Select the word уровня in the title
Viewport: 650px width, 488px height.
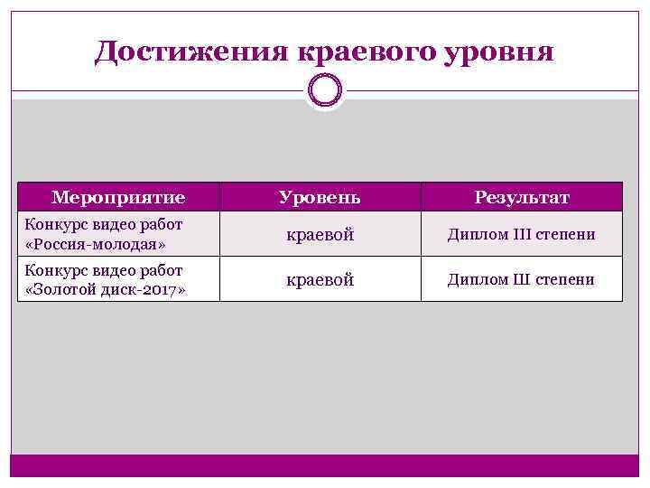[x=500, y=52]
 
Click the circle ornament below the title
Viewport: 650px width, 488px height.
[x=325, y=89]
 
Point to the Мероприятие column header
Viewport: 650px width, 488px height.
[x=118, y=197]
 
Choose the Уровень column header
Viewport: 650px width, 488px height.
[x=320, y=197]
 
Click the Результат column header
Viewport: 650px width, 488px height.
[x=522, y=197]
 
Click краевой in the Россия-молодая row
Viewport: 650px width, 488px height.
[x=320, y=235]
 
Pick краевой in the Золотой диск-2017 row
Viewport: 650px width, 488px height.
[x=320, y=280]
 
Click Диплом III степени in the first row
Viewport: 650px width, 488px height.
[x=522, y=235]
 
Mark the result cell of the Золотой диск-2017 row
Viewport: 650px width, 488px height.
[x=522, y=280]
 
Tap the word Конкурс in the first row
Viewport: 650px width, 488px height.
[x=56, y=225]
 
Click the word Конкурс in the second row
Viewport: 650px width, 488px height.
[x=56, y=270]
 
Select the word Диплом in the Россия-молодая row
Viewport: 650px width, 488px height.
[x=476, y=235]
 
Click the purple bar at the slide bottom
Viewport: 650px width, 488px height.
[x=325, y=465]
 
